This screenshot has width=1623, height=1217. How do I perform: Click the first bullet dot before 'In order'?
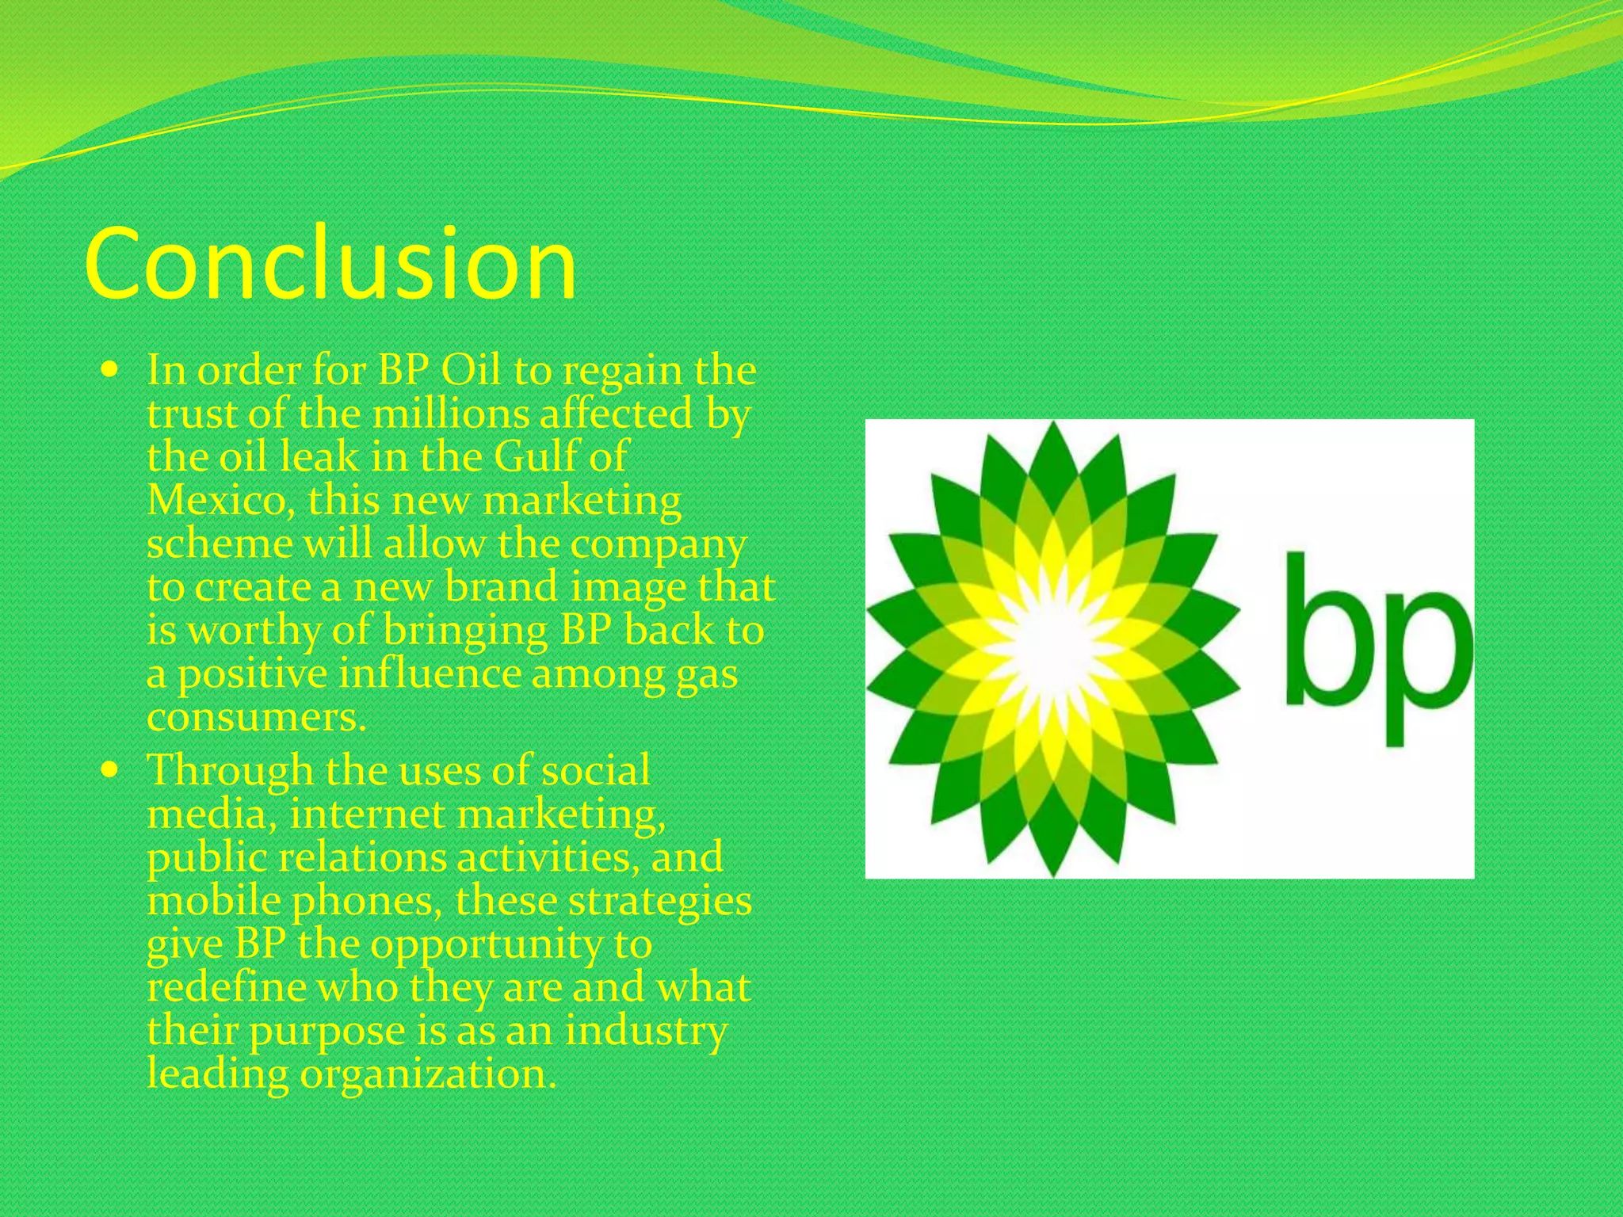pyautogui.click(x=111, y=369)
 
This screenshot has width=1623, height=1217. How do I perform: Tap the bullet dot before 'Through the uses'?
pyautogui.click(x=111, y=769)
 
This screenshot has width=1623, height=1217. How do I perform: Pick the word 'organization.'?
pyautogui.click(x=427, y=1075)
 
